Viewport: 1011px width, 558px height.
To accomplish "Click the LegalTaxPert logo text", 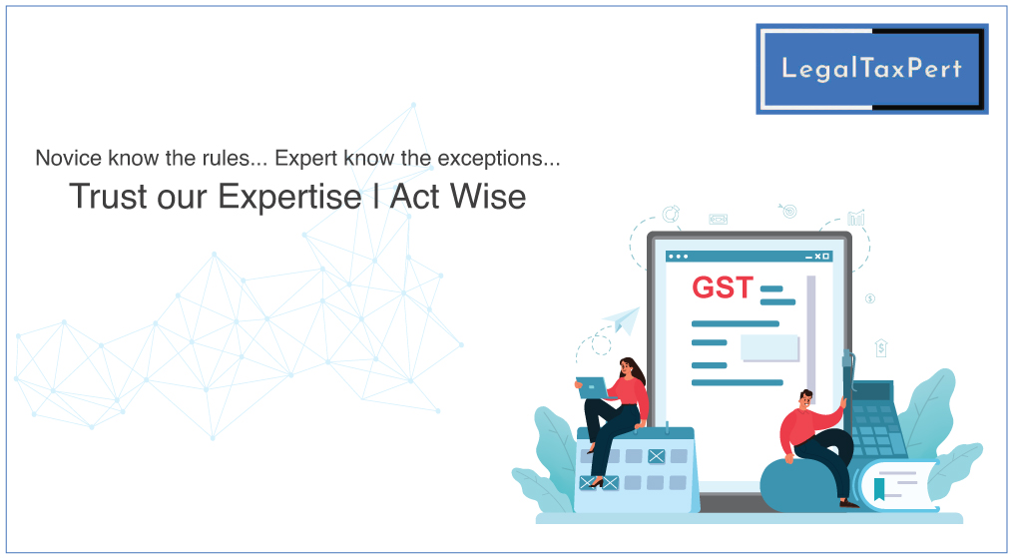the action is click(x=871, y=69).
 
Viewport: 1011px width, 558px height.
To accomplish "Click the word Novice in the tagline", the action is click(x=68, y=158).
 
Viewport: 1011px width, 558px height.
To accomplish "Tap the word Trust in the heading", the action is click(x=107, y=196).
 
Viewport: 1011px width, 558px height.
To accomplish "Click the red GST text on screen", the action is click(x=723, y=287).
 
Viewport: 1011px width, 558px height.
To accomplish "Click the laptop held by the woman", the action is click(x=593, y=388).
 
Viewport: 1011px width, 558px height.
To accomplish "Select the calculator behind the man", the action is click(x=877, y=419).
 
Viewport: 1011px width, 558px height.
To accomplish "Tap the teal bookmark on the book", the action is click(x=879, y=490).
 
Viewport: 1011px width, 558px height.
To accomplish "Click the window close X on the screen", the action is click(x=818, y=257).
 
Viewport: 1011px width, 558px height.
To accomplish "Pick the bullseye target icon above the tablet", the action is click(x=788, y=211).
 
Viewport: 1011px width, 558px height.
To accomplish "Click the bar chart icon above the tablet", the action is click(x=856, y=218).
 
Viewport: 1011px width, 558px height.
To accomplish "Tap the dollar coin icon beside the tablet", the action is click(x=870, y=298).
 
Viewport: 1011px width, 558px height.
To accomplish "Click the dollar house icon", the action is click(x=881, y=347).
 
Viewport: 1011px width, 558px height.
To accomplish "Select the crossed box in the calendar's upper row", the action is click(x=657, y=456).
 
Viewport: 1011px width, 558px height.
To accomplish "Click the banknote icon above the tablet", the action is click(x=719, y=220).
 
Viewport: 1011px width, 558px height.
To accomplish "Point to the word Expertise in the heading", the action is click(x=289, y=196).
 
